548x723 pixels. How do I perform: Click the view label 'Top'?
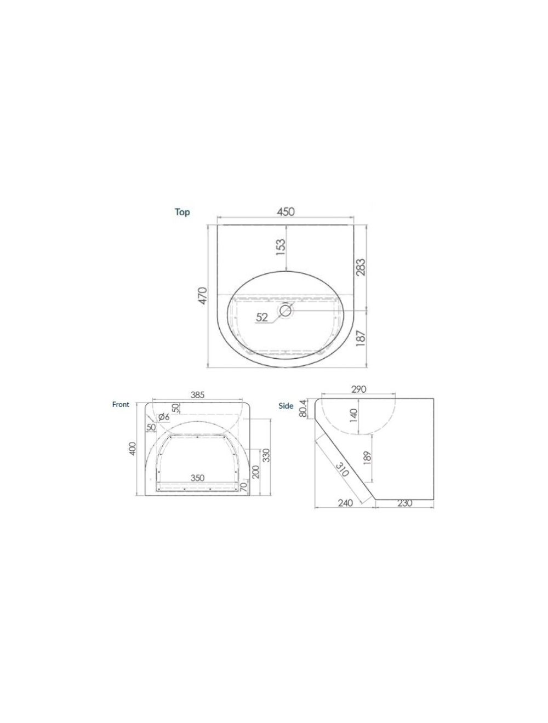pos(182,212)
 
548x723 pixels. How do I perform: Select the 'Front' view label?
pos(121,404)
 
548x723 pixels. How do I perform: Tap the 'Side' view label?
pos(286,406)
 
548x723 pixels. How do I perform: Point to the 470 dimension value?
pos(203,296)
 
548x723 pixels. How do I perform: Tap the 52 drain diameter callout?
pos(262,317)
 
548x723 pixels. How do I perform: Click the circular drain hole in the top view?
pos(286,311)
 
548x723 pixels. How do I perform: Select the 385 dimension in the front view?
pos(197,394)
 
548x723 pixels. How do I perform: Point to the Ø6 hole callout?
pos(163,417)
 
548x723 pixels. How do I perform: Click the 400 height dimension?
pos(132,449)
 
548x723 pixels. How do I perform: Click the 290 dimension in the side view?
pos(358,389)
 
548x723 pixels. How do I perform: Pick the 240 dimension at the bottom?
pos(345,503)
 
